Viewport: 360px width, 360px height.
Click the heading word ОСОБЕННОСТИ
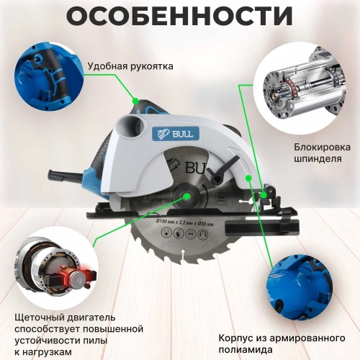pos(179,15)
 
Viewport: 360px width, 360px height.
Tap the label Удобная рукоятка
pos(130,66)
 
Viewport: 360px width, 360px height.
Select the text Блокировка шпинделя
pos(322,153)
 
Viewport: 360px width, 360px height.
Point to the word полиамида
pos(246,349)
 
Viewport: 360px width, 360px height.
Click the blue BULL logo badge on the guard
pos(176,133)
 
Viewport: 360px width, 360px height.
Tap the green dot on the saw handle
pos(136,101)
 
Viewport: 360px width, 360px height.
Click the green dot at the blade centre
pos(186,197)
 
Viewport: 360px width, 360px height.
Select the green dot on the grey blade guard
pos(248,178)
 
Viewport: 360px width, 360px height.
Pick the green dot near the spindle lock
pos(264,195)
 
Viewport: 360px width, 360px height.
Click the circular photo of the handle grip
pos(49,77)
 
